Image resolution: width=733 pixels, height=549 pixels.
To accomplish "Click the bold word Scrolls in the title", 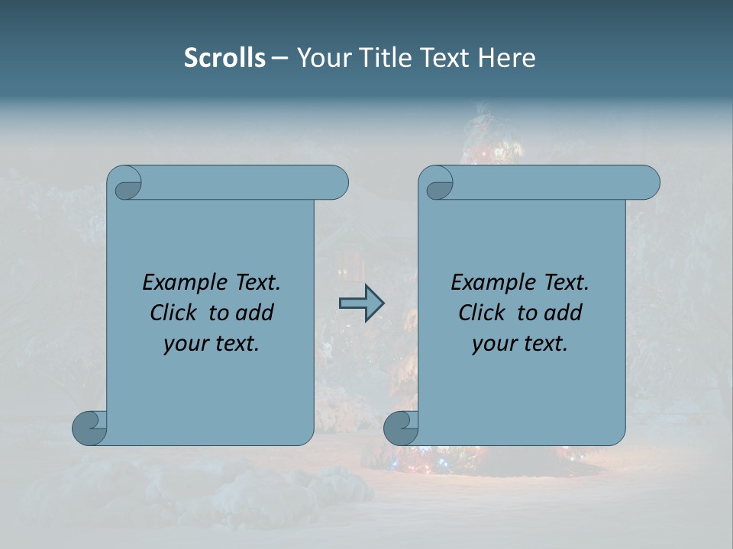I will coord(224,58).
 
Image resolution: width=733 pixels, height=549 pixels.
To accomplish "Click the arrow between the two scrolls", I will coord(361,303).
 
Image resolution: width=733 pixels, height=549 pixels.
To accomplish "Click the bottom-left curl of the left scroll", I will coord(89,429).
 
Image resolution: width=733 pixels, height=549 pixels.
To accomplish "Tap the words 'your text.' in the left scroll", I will coord(212,344).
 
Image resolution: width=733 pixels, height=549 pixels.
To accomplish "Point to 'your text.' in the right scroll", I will coord(520,344).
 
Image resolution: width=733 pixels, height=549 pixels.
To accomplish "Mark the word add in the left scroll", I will coord(255,313).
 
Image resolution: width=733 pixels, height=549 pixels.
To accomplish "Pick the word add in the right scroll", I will coord(563,313).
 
